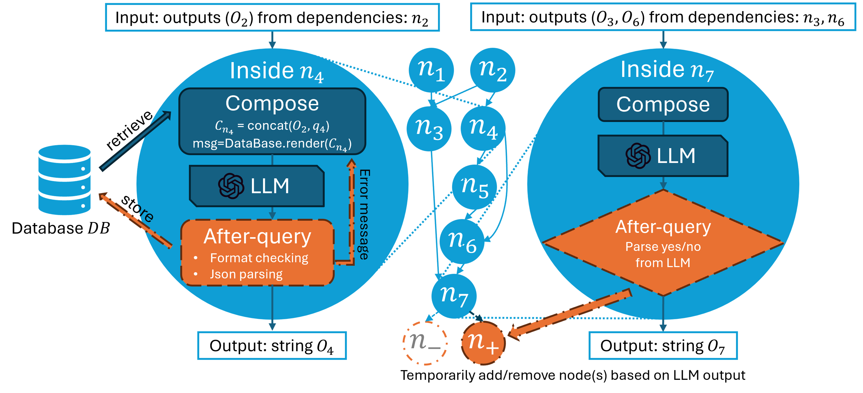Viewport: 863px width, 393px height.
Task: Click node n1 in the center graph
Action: [x=431, y=70]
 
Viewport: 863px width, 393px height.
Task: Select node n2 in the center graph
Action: [x=493, y=70]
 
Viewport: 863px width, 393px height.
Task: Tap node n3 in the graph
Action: [x=429, y=129]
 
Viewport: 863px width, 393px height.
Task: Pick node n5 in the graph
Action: [x=474, y=187]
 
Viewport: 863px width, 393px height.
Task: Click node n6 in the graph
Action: [x=462, y=241]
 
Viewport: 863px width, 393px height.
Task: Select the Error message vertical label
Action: [x=365, y=214]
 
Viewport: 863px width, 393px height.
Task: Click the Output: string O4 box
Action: [x=272, y=346]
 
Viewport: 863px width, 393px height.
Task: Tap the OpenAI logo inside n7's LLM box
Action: [x=638, y=156]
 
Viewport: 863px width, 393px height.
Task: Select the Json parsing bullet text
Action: [x=246, y=274]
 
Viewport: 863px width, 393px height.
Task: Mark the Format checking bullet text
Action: [x=259, y=258]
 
